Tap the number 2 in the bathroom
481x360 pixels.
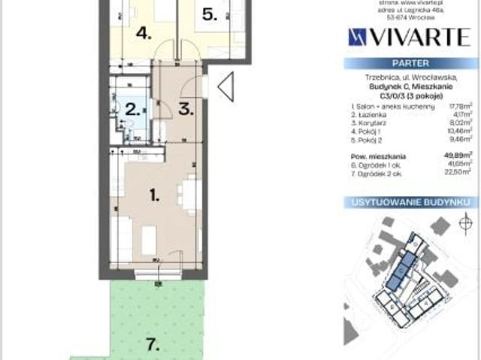pos(132,109)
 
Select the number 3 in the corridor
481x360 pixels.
pos(186,108)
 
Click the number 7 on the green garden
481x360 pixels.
pos(153,345)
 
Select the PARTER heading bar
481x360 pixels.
pos(410,65)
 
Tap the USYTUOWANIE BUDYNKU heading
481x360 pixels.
pos(410,203)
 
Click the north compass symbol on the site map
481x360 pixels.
pos(463,223)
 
